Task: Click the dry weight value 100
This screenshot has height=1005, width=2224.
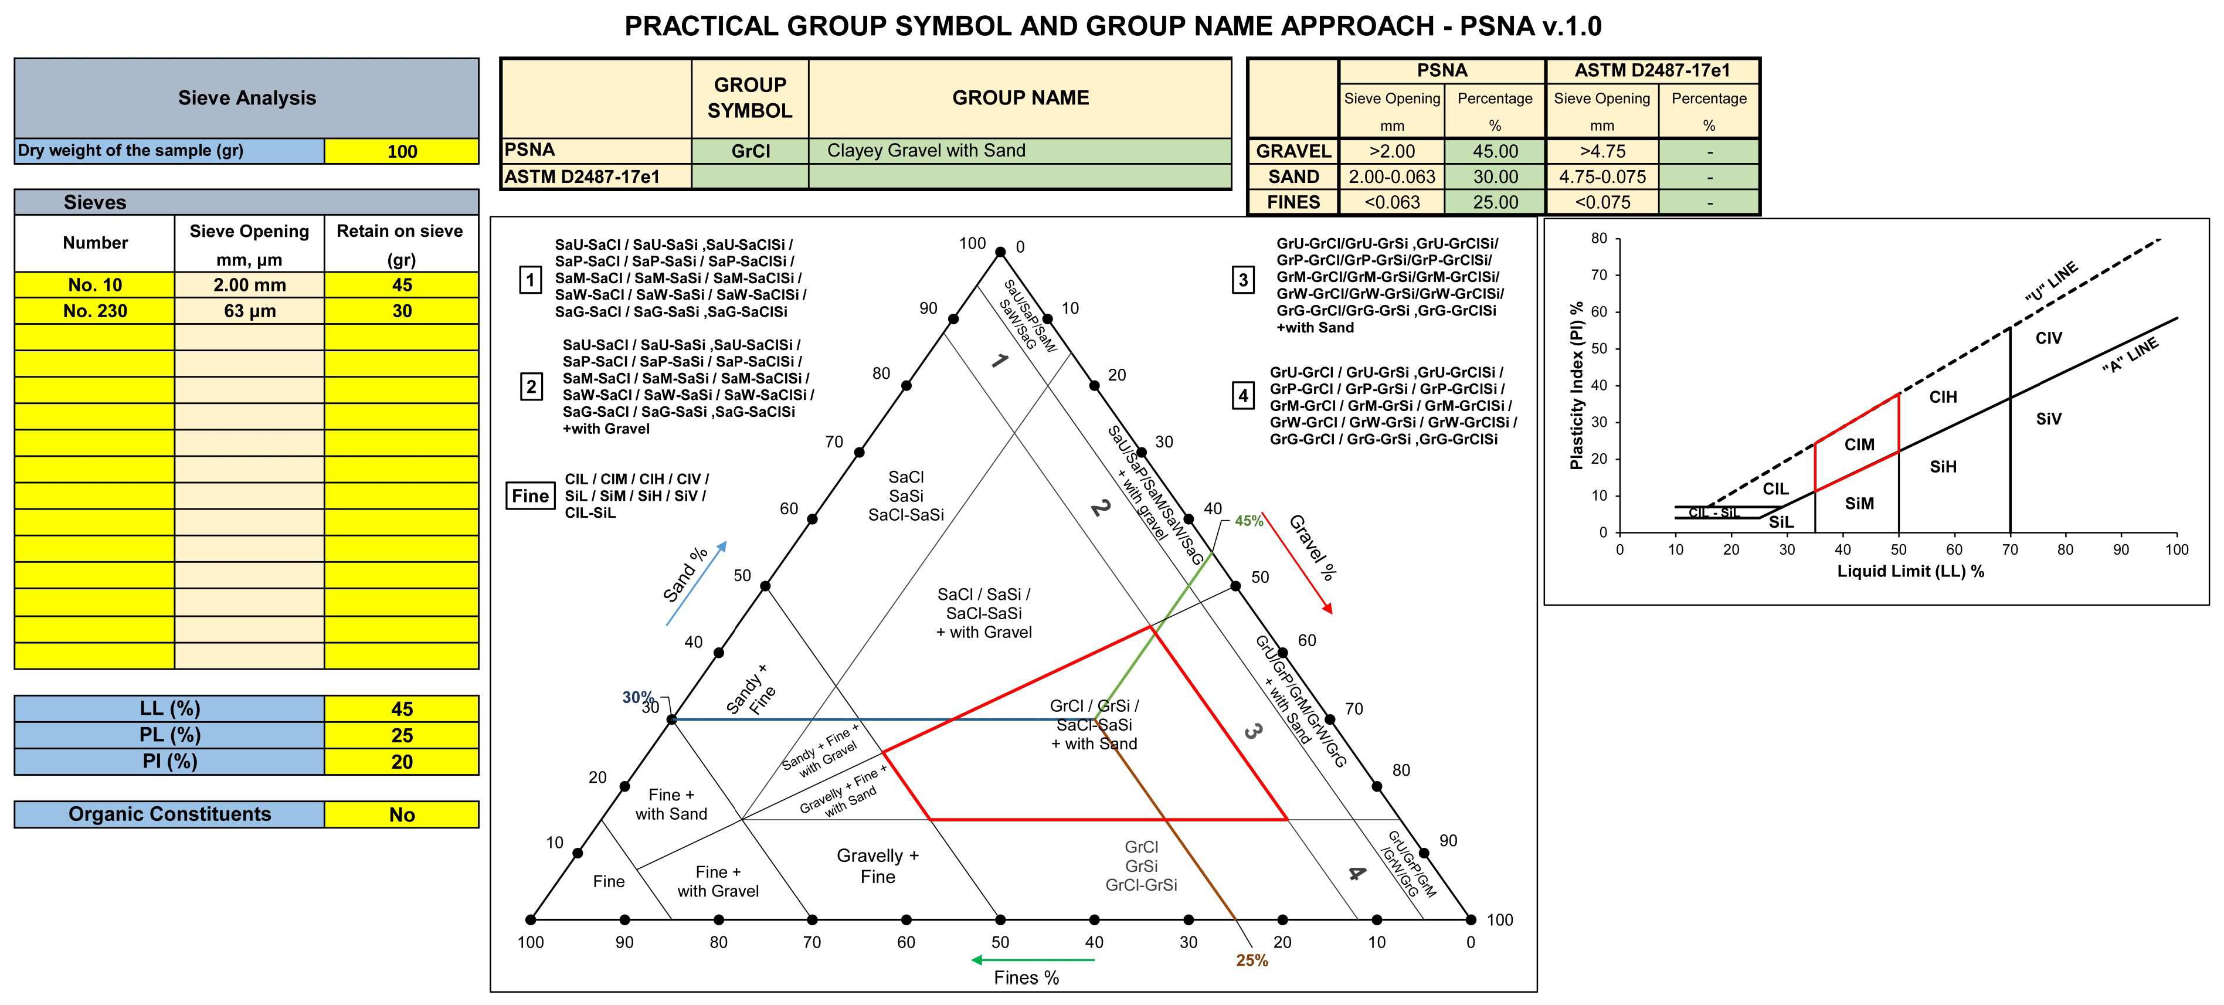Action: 402,151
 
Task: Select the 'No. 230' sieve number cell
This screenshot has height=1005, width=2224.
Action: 95,311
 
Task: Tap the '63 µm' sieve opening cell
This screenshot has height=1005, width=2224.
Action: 250,311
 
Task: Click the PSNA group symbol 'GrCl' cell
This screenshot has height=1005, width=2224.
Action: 751,151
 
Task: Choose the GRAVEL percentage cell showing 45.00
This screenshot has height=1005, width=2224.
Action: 1495,151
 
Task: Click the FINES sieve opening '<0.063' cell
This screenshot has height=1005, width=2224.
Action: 1392,202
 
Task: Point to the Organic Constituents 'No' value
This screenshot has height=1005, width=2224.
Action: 402,814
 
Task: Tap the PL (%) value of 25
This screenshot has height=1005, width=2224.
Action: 402,736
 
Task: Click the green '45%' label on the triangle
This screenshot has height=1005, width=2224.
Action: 1248,521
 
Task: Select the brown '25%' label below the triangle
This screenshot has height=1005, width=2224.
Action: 1252,960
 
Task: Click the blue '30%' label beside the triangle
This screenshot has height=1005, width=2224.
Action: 638,697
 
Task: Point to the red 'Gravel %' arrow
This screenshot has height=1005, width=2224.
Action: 1297,563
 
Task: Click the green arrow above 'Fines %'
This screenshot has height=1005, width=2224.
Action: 1032,959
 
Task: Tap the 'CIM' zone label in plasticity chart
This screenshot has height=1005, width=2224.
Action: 1859,444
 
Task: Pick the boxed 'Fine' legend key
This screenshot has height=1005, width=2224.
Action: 530,495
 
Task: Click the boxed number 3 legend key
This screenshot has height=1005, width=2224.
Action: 1242,280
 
